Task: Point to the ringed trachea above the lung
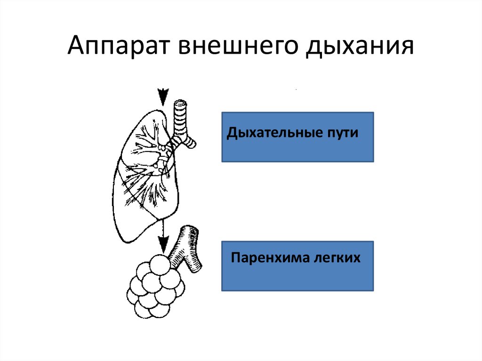tap(180, 115)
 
